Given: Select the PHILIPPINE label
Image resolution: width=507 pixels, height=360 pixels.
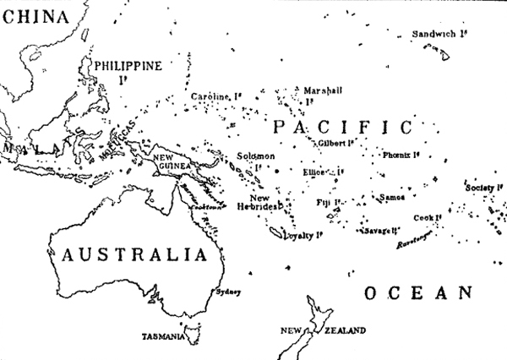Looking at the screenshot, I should point(126,64).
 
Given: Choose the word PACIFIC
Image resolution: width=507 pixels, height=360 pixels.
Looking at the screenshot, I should point(342,128).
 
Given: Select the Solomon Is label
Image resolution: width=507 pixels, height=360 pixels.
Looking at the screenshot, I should point(255,157).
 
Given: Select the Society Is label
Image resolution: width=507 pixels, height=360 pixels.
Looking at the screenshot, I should point(482,188).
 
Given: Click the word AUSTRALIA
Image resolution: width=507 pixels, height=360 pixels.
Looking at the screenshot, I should point(133,254).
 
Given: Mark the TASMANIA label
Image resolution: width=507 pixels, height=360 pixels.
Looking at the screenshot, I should point(163,336).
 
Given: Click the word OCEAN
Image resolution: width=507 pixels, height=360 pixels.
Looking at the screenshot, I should point(417,293).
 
